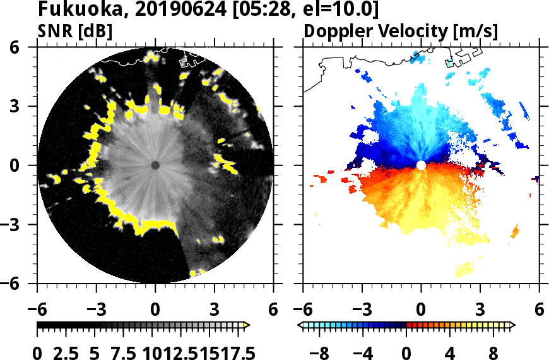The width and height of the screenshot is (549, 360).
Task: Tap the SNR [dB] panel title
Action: point(75,31)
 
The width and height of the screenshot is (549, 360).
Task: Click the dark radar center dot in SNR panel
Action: point(155,165)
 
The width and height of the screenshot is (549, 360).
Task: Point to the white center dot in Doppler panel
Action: point(421,165)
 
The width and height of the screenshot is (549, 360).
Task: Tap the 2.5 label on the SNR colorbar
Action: point(74,352)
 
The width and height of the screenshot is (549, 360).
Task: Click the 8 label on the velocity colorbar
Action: point(493,352)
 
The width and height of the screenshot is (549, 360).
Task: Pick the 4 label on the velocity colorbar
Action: point(450,352)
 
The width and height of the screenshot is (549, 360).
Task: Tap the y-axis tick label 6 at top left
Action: point(28,47)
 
